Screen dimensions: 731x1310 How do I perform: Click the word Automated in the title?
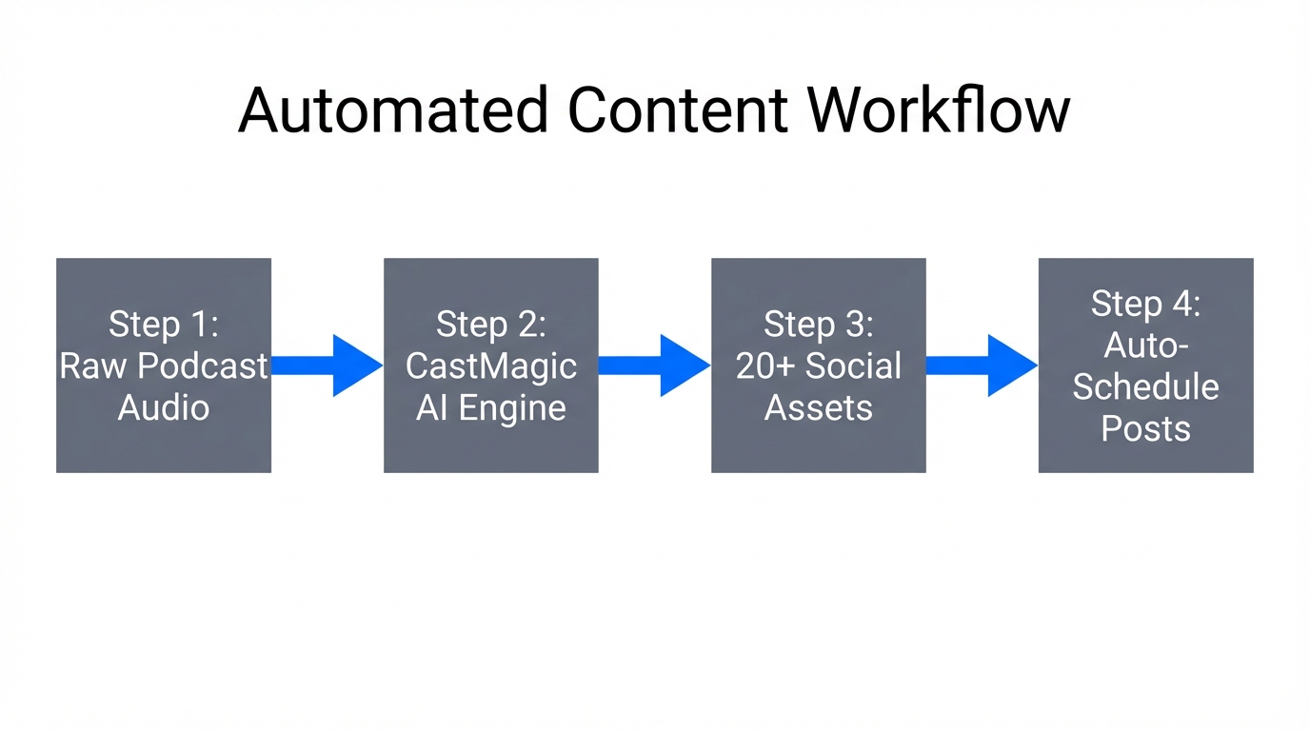392,109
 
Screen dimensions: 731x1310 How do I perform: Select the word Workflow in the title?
940,109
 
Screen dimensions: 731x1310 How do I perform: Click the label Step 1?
164,325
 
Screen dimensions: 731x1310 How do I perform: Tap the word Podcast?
202,366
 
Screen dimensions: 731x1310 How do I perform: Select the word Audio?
164,407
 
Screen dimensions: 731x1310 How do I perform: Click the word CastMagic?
491,366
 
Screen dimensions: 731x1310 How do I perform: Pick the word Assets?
819,407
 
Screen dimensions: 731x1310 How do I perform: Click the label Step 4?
1145,305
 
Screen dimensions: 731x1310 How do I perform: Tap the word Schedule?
1145,387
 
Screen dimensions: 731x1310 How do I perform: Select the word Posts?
1145,428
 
